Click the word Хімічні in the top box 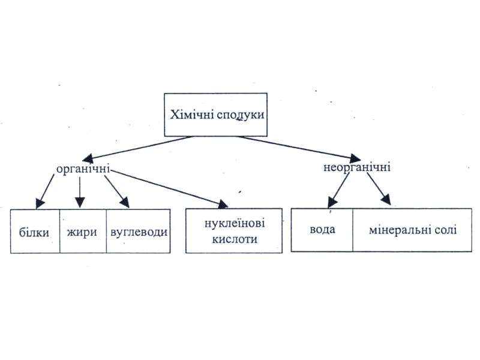point(192,115)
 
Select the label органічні point(83,169)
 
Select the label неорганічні point(357,168)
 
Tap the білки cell point(35,231)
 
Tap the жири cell point(83,231)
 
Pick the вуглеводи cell point(139,231)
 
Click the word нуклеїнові point(235,223)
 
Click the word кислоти point(235,239)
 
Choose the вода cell point(322,230)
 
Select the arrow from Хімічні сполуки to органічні point(139,148)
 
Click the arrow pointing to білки point(45,191)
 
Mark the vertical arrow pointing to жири point(80,192)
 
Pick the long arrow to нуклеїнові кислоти point(169,189)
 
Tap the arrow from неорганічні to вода point(338,191)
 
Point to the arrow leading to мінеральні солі point(379,189)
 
